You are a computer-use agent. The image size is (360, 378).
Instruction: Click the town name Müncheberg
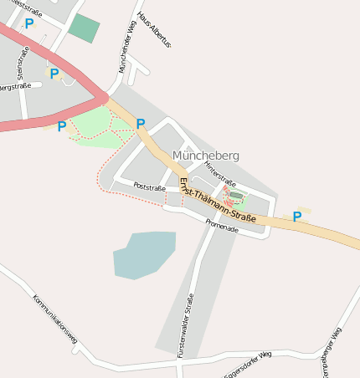tap(205, 156)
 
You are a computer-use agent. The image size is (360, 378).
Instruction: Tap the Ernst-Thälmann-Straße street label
tap(217, 200)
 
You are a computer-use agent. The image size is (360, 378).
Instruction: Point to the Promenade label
tap(222, 225)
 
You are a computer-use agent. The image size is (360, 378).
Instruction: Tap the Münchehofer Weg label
tap(126, 48)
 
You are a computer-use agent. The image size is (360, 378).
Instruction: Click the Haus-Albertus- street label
tap(153, 29)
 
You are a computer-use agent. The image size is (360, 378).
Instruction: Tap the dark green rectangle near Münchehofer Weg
tap(84, 28)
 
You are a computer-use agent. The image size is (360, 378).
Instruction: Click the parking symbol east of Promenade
tap(297, 217)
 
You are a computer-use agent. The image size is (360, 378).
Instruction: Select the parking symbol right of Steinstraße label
tap(54, 74)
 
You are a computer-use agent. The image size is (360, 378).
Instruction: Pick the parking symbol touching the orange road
tap(141, 124)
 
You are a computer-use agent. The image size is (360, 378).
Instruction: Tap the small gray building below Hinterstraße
tap(235, 196)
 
